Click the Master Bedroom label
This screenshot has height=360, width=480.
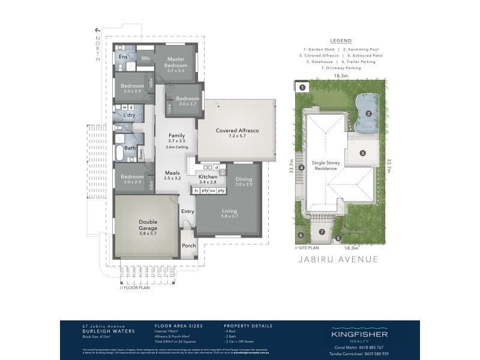coord(176,62)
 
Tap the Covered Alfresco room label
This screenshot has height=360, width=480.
coord(238,130)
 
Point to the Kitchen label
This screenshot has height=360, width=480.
coord(208,178)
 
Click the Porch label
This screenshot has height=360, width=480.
coord(189,245)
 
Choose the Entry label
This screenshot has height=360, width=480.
coord(188,211)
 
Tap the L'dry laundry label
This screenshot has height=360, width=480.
coord(128,115)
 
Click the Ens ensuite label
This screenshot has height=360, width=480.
coord(122,57)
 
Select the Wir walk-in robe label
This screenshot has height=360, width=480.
coord(145,58)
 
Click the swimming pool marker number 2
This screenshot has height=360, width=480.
coord(370,113)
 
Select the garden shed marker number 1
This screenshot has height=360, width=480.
coord(302,88)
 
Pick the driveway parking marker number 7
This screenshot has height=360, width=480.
coord(322,232)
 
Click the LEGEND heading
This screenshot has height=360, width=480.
coord(341,41)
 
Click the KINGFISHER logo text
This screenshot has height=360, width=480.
coord(359,334)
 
